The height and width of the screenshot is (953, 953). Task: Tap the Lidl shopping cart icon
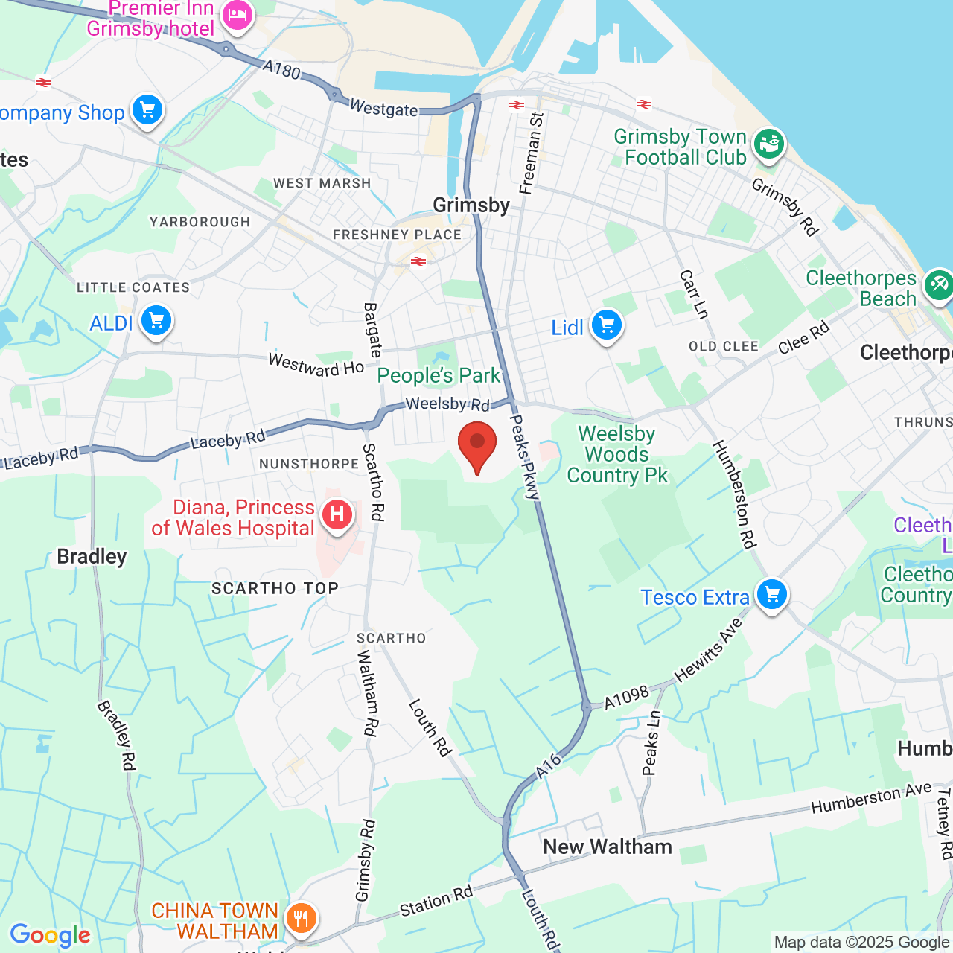pyautogui.click(x=607, y=326)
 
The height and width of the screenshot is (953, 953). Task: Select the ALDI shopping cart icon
pyautogui.click(x=156, y=322)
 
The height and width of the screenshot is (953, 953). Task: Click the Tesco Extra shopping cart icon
pyautogui.click(x=772, y=596)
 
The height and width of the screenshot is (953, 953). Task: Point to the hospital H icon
pyautogui.click(x=337, y=514)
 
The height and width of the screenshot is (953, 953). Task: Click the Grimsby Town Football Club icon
pyautogui.click(x=769, y=143)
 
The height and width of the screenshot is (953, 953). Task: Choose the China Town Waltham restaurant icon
pyautogui.click(x=301, y=919)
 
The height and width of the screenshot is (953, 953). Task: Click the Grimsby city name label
pyautogui.click(x=471, y=205)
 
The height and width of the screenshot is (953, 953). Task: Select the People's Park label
pyautogui.click(x=439, y=376)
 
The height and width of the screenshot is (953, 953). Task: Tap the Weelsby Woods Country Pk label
pyautogui.click(x=617, y=454)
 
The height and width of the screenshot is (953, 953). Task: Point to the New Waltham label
pyautogui.click(x=608, y=847)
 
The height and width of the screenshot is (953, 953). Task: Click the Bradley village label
pyautogui.click(x=92, y=557)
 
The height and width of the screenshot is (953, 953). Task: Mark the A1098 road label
pyautogui.click(x=626, y=698)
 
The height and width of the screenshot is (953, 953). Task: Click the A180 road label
pyautogui.click(x=281, y=70)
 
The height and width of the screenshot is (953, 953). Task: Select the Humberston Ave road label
pyautogui.click(x=871, y=797)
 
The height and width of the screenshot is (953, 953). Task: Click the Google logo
pyautogui.click(x=51, y=935)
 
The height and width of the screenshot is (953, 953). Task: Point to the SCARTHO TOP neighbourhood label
pyautogui.click(x=275, y=588)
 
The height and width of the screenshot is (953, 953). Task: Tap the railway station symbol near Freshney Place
pyautogui.click(x=418, y=261)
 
